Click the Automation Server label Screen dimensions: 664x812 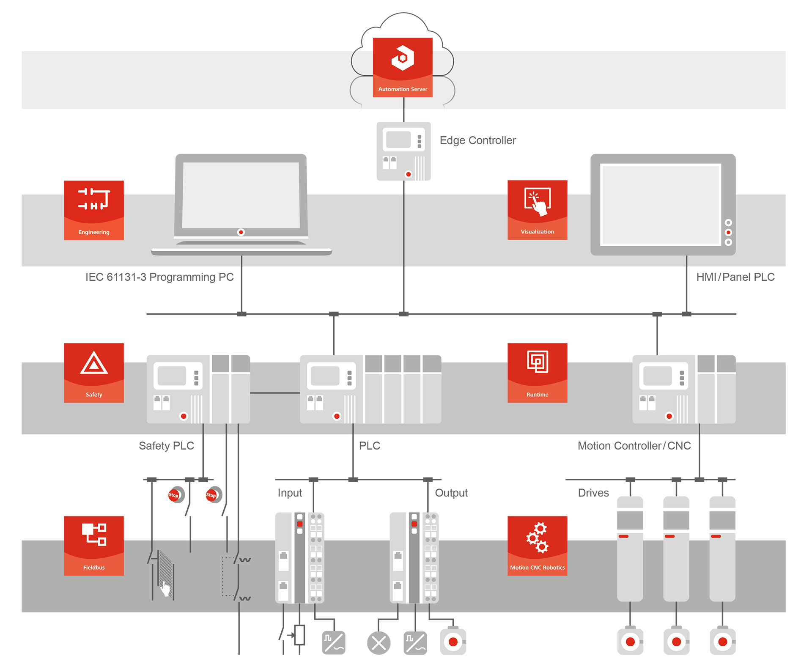coord(403,89)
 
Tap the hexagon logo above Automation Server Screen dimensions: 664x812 coord(403,58)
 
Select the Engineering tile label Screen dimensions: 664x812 coord(94,232)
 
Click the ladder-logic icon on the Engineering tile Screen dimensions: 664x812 coord(94,199)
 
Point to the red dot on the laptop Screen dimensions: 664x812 coord(241,232)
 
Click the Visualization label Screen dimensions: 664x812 coord(537,232)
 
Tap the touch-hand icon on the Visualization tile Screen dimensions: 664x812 coord(538,201)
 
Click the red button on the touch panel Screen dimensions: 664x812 coord(728,232)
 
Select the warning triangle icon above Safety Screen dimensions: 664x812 coord(94,363)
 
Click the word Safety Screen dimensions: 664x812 coord(94,395)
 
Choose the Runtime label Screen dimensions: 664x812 coord(537,395)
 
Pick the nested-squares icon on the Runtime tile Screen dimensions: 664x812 coord(538,362)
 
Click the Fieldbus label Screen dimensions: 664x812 coord(94,568)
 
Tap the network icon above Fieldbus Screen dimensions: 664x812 coord(94,534)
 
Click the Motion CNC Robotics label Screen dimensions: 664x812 coord(537,568)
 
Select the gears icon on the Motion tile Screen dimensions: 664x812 coord(538,537)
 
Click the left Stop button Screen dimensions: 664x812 coord(174,495)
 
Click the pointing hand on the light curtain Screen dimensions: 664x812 coord(165,588)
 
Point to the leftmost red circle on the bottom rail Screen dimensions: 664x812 coord(453,642)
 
